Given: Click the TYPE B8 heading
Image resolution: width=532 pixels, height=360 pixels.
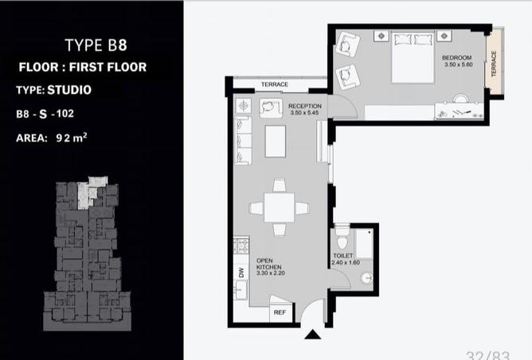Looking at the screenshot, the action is (96, 45).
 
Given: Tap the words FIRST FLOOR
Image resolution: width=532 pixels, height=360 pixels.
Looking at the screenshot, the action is (108, 67).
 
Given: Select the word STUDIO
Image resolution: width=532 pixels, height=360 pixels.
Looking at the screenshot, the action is (69, 90).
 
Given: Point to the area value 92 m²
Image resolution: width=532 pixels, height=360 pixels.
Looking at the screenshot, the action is (72, 138).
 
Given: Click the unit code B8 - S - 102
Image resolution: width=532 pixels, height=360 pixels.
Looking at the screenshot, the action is (45, 114).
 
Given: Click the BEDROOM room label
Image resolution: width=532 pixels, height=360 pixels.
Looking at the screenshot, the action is (456, 57).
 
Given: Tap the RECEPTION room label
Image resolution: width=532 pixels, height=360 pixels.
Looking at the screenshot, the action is (305, 106).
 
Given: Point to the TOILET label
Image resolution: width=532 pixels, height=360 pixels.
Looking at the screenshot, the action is (342, 256).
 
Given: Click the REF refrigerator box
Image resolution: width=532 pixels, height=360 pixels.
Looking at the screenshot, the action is (280, 312).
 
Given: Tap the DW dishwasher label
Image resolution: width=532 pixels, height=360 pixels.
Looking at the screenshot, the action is (241, 272).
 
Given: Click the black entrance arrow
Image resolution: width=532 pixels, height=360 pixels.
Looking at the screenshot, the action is (312, 335).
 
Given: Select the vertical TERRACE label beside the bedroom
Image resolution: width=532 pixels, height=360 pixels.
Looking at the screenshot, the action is (494, 64).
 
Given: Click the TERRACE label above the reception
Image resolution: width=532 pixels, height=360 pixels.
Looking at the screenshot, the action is (275, 84).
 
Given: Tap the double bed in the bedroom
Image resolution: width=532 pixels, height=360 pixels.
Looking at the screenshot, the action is (413, 57).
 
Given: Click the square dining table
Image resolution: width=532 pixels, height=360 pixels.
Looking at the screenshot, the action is (279, 208).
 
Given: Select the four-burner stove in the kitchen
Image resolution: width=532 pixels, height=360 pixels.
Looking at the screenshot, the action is (241, 245).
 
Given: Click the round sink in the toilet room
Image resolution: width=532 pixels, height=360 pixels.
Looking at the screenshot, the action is (367, 278).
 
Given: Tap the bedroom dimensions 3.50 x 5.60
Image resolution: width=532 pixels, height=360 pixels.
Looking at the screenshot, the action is (459, 65).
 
